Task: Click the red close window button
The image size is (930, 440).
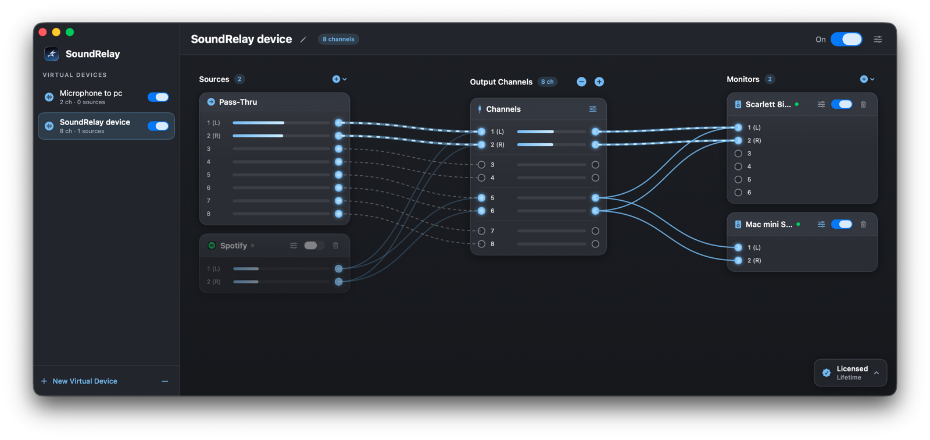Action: pos(43,32)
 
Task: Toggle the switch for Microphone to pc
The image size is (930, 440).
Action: pos(158,97)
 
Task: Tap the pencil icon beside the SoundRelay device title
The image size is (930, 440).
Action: pos(303,39)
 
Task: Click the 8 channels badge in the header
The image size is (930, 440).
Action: pos(338,39)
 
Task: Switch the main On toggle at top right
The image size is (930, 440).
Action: pos(846,39)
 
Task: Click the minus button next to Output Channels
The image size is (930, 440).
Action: pos(581,81)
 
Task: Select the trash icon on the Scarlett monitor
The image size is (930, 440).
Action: pos(863,104)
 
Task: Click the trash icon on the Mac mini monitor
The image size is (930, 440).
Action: pos(863,224)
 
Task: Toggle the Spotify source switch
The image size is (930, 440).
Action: pos(313,246)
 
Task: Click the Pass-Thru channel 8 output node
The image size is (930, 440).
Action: pos(339,214)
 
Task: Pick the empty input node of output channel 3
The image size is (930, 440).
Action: pos(481,165)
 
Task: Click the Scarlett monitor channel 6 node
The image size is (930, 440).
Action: pos(738,193)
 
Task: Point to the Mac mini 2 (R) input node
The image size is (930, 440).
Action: pos(738,260)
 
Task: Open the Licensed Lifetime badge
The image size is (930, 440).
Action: pos(850,372)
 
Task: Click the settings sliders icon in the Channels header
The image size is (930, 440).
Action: pos(593,109)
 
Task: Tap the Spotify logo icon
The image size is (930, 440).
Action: pos(212,246)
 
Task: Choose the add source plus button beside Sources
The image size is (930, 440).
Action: pos(337,79)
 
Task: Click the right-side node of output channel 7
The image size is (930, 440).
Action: pos(595,231)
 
